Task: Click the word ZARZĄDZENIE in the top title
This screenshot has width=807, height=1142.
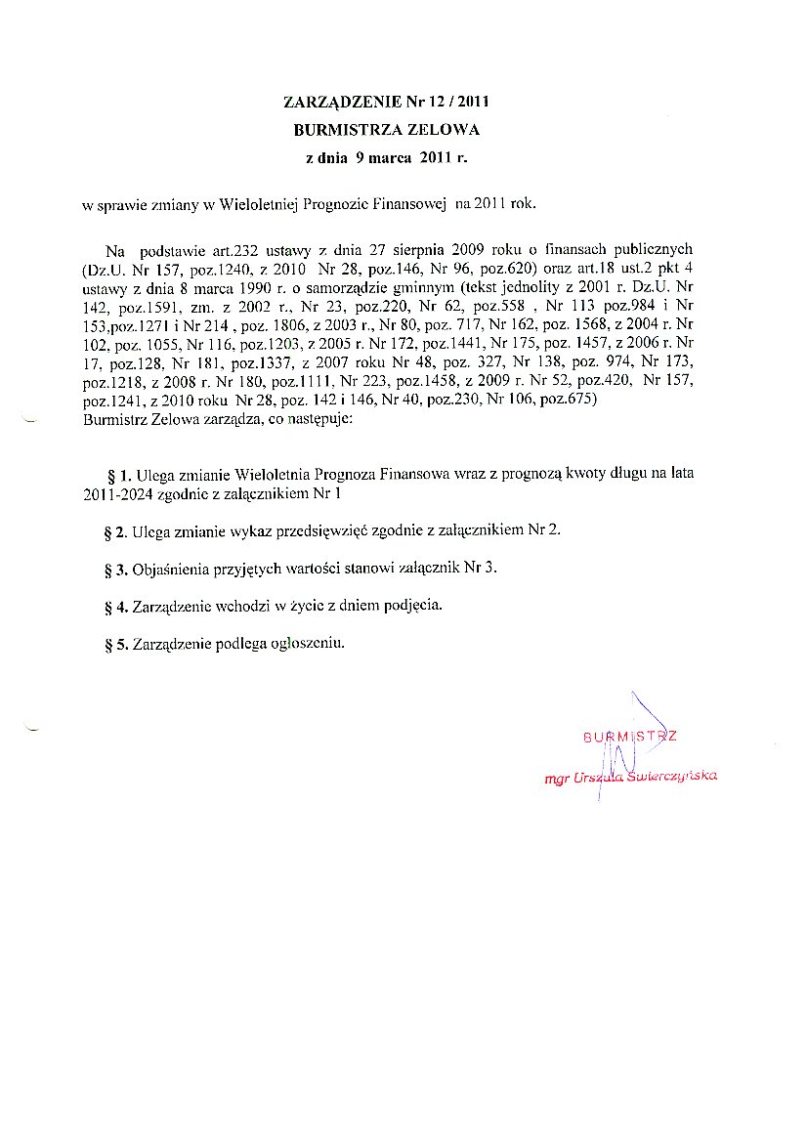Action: [x=331, y=102]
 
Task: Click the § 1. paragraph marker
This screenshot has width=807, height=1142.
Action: [x=118, y=476]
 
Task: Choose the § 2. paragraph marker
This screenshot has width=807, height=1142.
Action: [x=115, y=532]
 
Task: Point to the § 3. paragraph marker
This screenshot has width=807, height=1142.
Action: [x=115, y=570]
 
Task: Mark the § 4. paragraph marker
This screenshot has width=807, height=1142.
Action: [x=115, y=607]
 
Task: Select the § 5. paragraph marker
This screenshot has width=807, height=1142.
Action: [x=115, y=645]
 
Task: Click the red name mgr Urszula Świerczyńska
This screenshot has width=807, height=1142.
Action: [x=631, y=777]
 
